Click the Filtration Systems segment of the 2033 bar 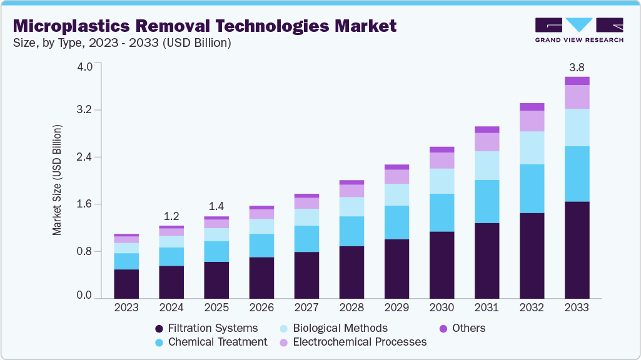coord(577,249)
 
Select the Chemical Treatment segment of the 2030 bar coord(442,212)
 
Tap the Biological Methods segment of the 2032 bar coord(532,147)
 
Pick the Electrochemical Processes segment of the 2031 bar coord(487,142)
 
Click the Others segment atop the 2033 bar coord(577,81)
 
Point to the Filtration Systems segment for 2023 coord(126,283)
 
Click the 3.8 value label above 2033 coord(577,67)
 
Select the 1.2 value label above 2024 coord(171,216)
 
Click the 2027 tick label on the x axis coord(306,308)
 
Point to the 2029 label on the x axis coord(396,308)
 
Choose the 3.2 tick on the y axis coord(85,110)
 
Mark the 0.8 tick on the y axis coord(85,251)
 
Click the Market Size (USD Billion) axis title coord(57,180)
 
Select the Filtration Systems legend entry coord(206,328)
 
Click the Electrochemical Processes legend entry coord(353,342)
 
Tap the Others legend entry coord(463,328)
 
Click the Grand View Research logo coord(578,30)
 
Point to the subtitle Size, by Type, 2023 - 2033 coord(122,43)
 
